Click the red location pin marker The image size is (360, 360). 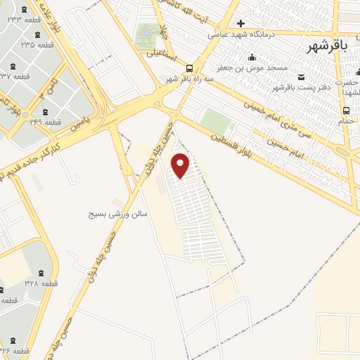tap(181, 165)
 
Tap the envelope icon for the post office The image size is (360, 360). tap(302, 77)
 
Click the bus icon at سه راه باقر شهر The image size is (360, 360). tap(190, 68)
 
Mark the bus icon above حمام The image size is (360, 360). tap(345, 110)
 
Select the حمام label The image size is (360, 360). tap(346, 121)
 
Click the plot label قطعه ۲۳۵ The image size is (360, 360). tap(37, 44)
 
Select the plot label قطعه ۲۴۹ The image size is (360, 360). tap(45, 122)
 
